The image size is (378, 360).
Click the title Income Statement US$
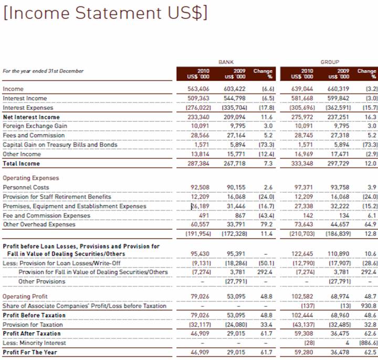(105, 13)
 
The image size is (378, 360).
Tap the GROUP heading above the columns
(330, 62)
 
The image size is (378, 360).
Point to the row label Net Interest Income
(31, 117)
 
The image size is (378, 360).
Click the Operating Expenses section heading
(31, 178)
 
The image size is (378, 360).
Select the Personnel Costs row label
(26, 187)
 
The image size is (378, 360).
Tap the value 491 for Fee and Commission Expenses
(204, 215)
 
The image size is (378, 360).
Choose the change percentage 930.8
(369, 306)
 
